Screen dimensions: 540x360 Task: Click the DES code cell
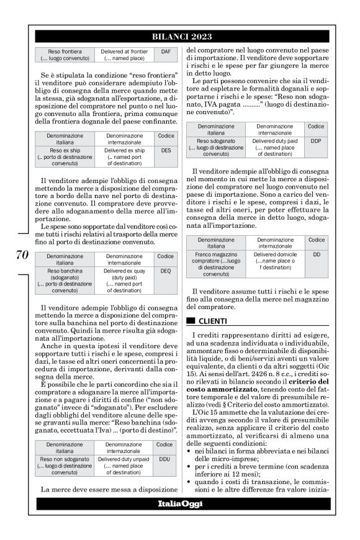click(165, 150)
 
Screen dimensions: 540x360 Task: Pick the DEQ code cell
click(165, 271)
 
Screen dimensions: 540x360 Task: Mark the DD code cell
click(317, 254)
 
